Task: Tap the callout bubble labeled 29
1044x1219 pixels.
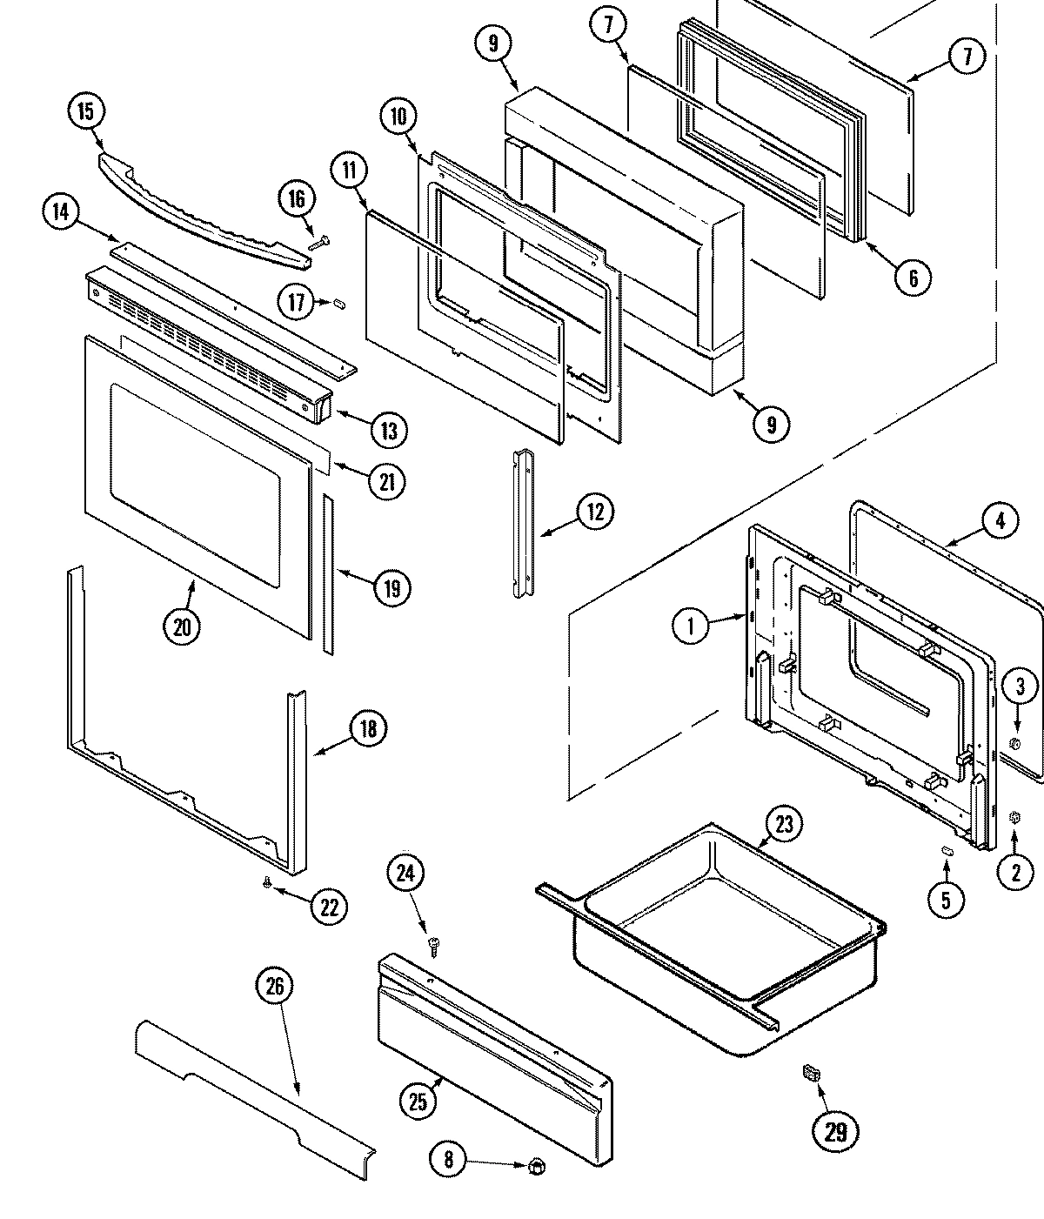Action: click(835, 1131)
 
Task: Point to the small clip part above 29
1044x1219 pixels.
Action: click(811, 1075)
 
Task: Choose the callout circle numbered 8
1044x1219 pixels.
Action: click(448, 1159)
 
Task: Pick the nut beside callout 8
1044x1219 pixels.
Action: click(536, 1164)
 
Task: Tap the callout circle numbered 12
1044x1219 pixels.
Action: click(595, 511)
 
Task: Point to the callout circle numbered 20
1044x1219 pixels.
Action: click(181, 626)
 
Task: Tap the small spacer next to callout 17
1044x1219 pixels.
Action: click(340, 303)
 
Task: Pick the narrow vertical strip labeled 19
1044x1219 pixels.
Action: click(328, 574)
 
